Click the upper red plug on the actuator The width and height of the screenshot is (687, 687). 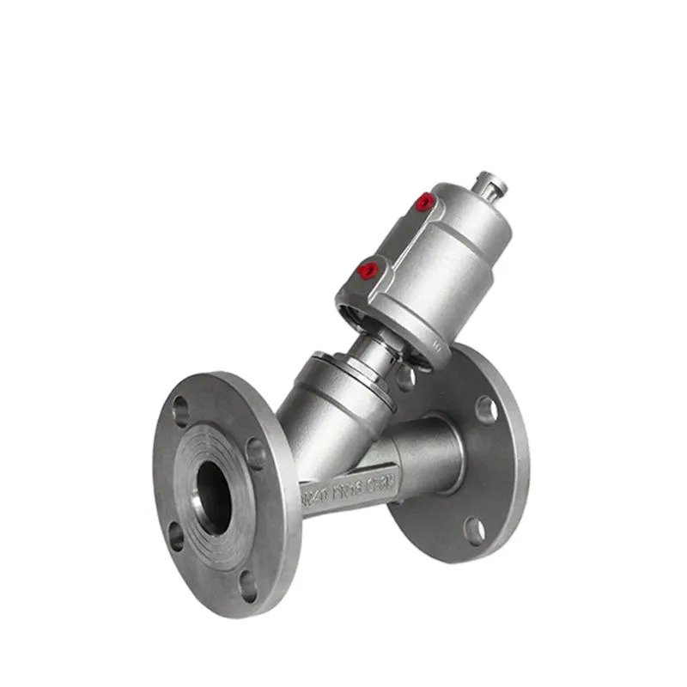pos(423,203)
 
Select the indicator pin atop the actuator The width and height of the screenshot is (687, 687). pos(492,185)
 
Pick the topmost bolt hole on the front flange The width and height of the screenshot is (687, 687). pos(181,410)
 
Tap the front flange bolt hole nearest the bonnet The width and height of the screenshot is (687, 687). pos(256,453)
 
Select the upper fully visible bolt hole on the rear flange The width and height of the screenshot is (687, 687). pos(486,409)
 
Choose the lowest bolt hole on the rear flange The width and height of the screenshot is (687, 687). pos(474,530)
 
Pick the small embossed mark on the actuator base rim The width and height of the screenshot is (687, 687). pos(436,344)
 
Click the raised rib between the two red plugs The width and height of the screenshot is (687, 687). pos(397,237)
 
